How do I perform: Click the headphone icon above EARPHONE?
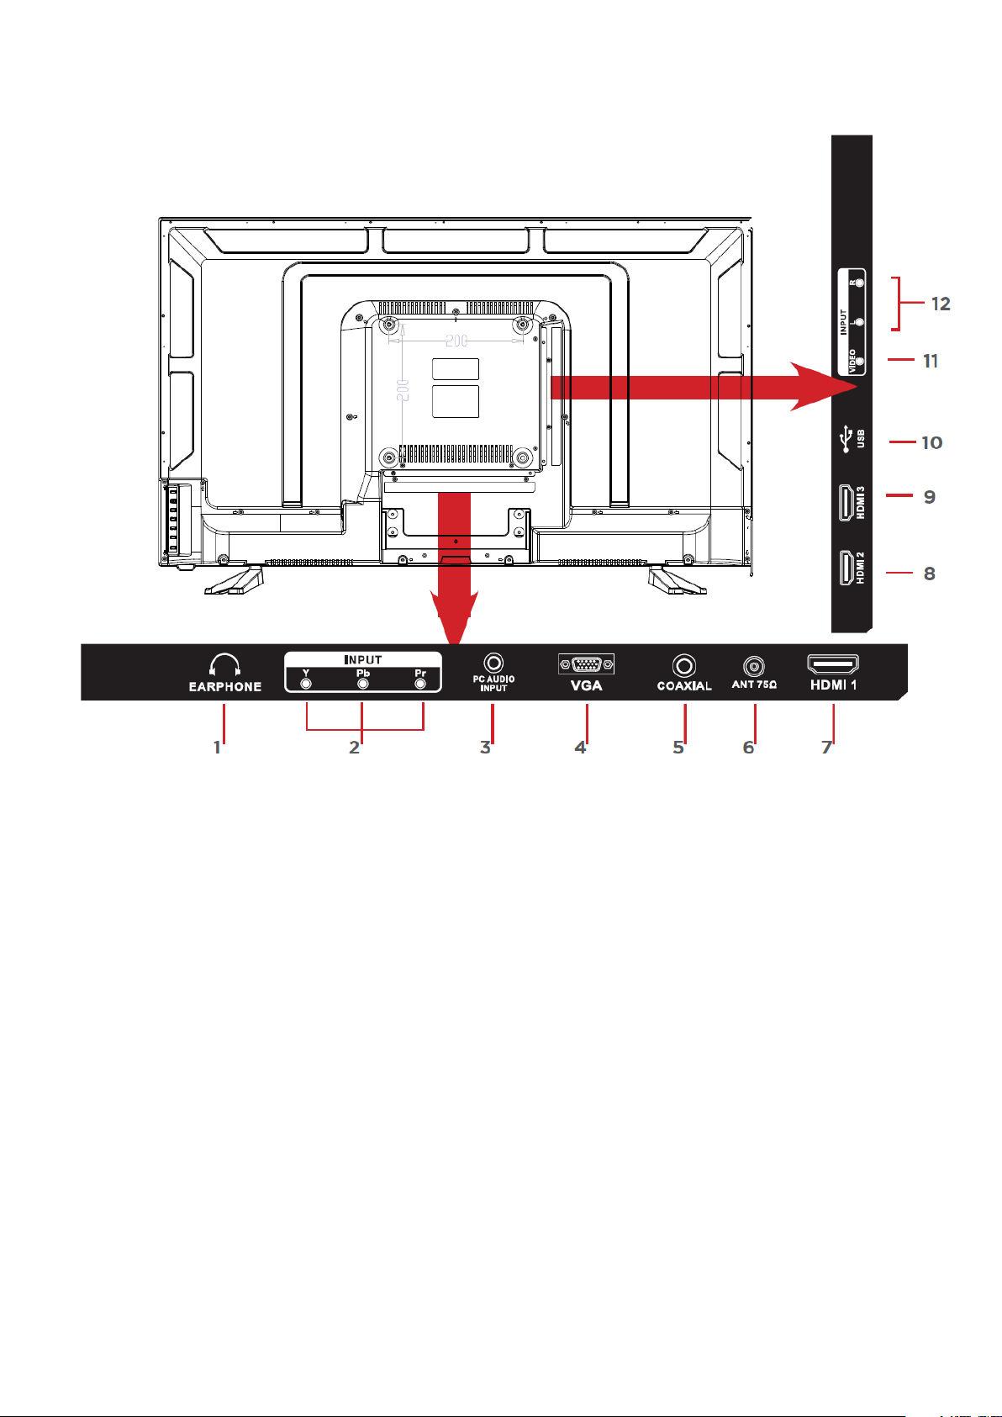point(224,665)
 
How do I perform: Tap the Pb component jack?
point(363,684)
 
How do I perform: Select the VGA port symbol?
point(586,664)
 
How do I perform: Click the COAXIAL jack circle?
point(684,665)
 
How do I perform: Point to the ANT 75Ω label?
point(754,685)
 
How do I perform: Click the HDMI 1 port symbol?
point(832,664)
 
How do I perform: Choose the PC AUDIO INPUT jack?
point(493,663)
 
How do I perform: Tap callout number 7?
point(827,748)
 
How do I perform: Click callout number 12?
point(941,304)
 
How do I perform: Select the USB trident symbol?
point(846,440)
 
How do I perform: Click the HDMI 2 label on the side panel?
point(861,568)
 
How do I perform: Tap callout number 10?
point(932,443)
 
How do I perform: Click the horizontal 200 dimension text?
point(456,341)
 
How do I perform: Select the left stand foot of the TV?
point(234,581)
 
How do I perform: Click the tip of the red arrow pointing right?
point(857,387)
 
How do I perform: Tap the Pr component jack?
point(419,684)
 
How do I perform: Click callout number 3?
point(486,748)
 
